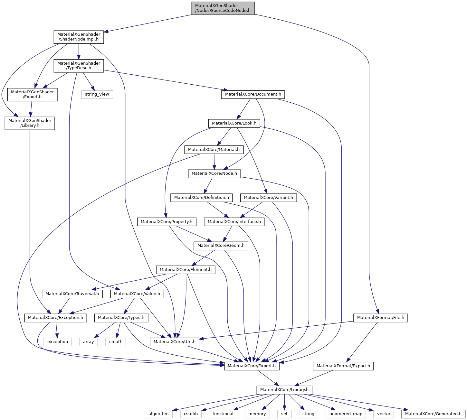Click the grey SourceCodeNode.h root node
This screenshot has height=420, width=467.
223,8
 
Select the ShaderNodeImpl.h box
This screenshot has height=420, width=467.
79,37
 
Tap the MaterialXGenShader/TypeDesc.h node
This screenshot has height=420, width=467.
79,66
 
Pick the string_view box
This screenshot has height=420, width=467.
97,94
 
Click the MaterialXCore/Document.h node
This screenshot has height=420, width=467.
253,94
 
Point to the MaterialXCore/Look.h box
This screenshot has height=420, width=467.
234,123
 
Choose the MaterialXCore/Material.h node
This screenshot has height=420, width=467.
214,150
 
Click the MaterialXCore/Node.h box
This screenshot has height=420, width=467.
214,173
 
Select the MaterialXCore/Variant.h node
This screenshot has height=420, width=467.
268,197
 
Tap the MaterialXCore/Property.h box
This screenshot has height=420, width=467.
167,221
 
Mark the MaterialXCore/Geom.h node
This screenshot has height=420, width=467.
221,246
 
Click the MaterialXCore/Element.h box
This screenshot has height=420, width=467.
186,270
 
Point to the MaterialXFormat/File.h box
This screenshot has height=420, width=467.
380,318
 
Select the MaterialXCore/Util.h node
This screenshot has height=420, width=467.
174,341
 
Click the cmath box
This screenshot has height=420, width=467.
116,341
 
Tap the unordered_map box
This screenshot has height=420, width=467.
346,414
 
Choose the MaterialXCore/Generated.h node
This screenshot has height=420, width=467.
433,414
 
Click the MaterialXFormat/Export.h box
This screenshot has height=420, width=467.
343,366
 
